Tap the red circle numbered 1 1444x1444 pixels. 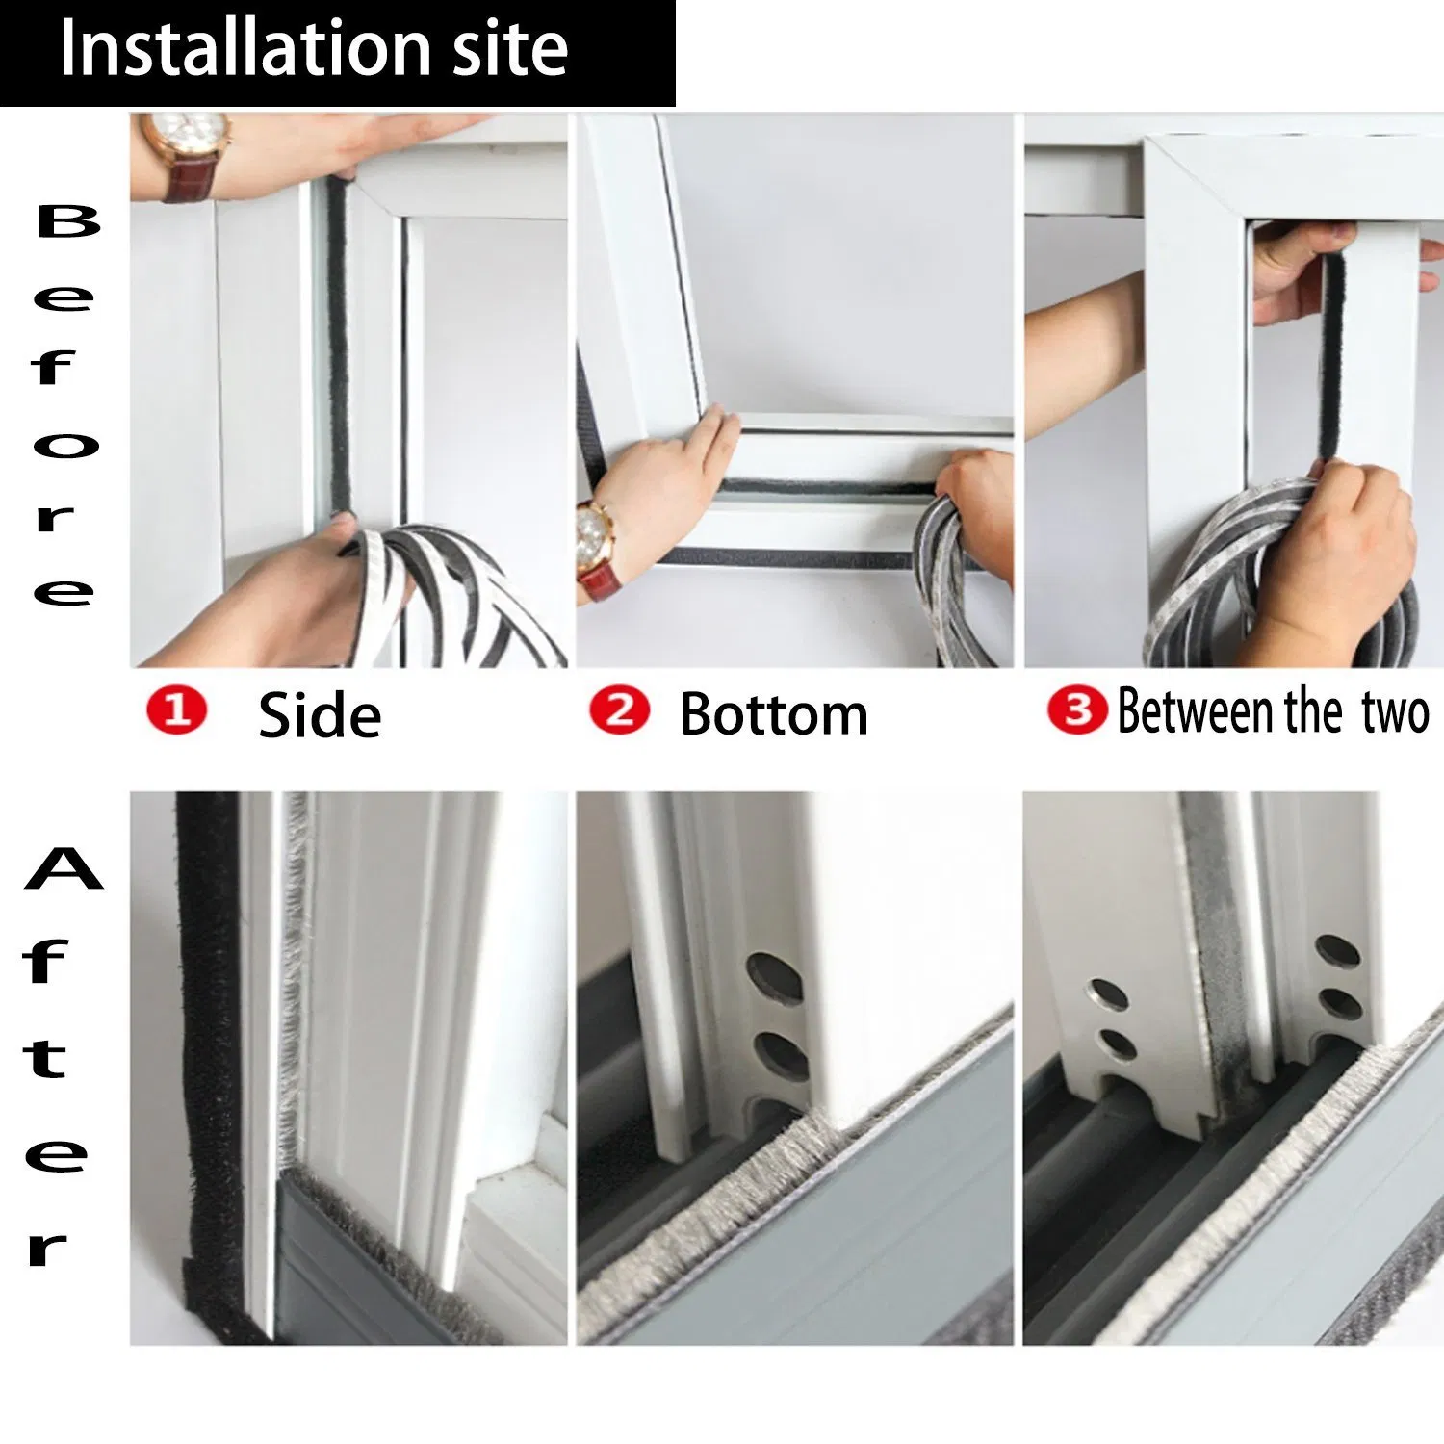pos(176,712)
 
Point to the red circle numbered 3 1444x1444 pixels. pos(1076,711)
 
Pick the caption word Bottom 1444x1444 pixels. pos(774,715)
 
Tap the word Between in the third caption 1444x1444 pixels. pos(1195,712)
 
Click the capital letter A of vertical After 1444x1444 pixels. pos(63,869)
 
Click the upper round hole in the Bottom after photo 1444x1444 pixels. pos(774,977)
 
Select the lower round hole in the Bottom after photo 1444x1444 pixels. pos(780,1055)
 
